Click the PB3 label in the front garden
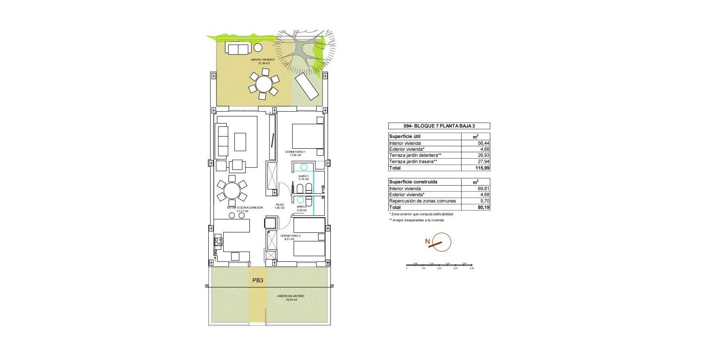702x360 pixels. pyautogui.click(x=258, y=280)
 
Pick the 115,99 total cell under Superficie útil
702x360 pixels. pyautogui.click(x=475, y=168)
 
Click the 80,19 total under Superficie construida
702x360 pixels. pyautogui.click(x=475, y=207)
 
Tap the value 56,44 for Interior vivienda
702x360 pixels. pyautogui.click(x=475, y=143)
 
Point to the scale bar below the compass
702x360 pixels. pyautogui.click(x=439, y=266)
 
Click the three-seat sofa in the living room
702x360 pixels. pyautogui.click(x=222, y=140)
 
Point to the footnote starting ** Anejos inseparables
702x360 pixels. pyautogui.click(x=416, y=220)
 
